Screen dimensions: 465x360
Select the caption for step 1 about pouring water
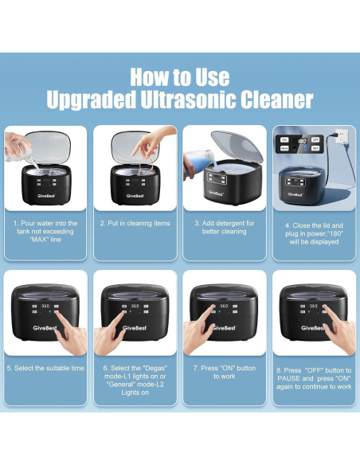pyautogui.click(x=45, y=232)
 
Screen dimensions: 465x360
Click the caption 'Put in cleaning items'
pyautogui.click(x=135, y=224)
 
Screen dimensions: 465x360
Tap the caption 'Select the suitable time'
pyautogui.click(x=45, y=369)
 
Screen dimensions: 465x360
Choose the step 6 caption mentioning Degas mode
pyautogui.click(x=135, y=377)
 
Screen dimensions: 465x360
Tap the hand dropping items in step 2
pyautogui.click(x=147, y=146)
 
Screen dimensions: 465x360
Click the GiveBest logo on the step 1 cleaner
pyautogui.click(x=45, y=193)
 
